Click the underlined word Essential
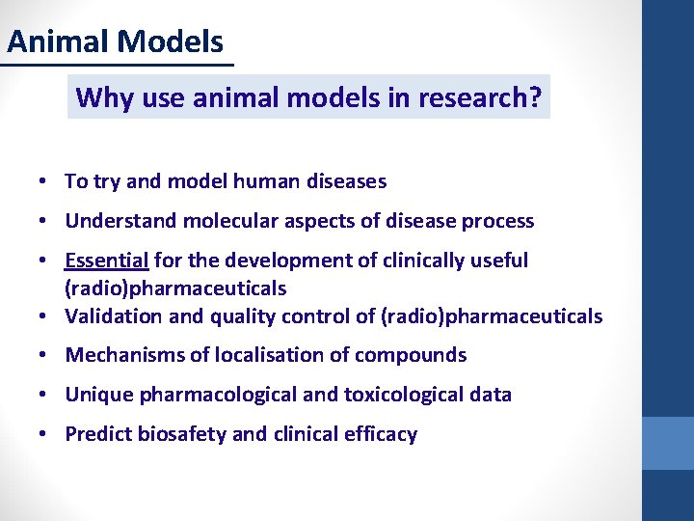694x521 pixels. tap(106, 260)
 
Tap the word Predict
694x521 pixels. tap(97, 434)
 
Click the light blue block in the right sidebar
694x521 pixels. tap(668, 443)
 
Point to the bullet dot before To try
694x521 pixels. tap(45, 181)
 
